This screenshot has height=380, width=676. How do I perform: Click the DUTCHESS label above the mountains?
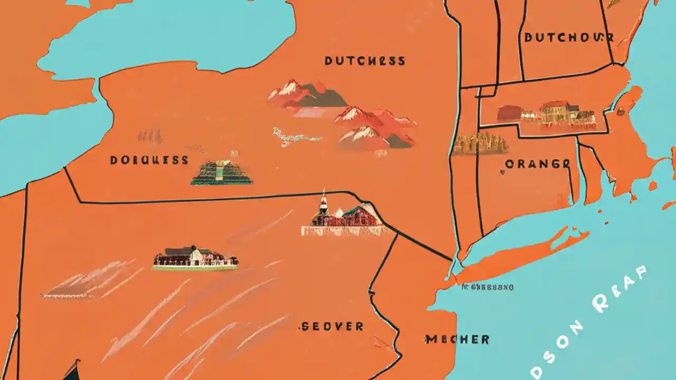click(365, 61)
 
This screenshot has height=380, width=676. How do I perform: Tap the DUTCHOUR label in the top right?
click(569, 37)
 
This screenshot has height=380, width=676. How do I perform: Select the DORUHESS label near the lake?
click(149, 160)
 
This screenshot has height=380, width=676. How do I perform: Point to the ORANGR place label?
click(537, 164)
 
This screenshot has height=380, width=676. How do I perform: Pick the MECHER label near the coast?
click(457, 339)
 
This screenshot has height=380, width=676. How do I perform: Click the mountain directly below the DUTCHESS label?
click(296, 92)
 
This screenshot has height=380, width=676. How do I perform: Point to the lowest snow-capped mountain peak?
click(370, 138)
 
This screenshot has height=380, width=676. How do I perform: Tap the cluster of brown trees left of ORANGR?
click(480, 144)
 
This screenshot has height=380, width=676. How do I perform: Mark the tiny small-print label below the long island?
click(487, 288)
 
